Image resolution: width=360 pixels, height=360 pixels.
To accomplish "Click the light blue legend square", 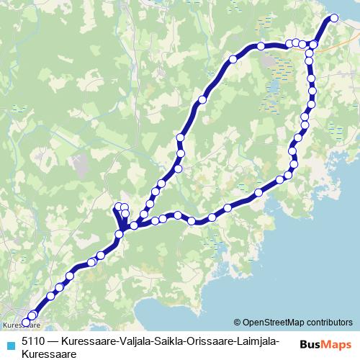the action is coord(9,343).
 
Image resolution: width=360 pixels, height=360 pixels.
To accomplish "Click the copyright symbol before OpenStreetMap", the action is coord(238,323).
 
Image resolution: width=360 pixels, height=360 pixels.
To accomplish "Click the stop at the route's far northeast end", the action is coord(333,19).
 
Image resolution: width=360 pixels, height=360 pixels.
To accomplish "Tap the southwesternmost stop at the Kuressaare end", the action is coord(26,322).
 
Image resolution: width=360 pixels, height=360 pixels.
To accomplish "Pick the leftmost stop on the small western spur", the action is coord(118,207).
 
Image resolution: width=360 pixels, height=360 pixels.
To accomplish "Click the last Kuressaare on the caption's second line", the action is coord(48,354).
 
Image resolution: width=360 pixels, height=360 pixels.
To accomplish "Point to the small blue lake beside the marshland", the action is coord(274,89).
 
